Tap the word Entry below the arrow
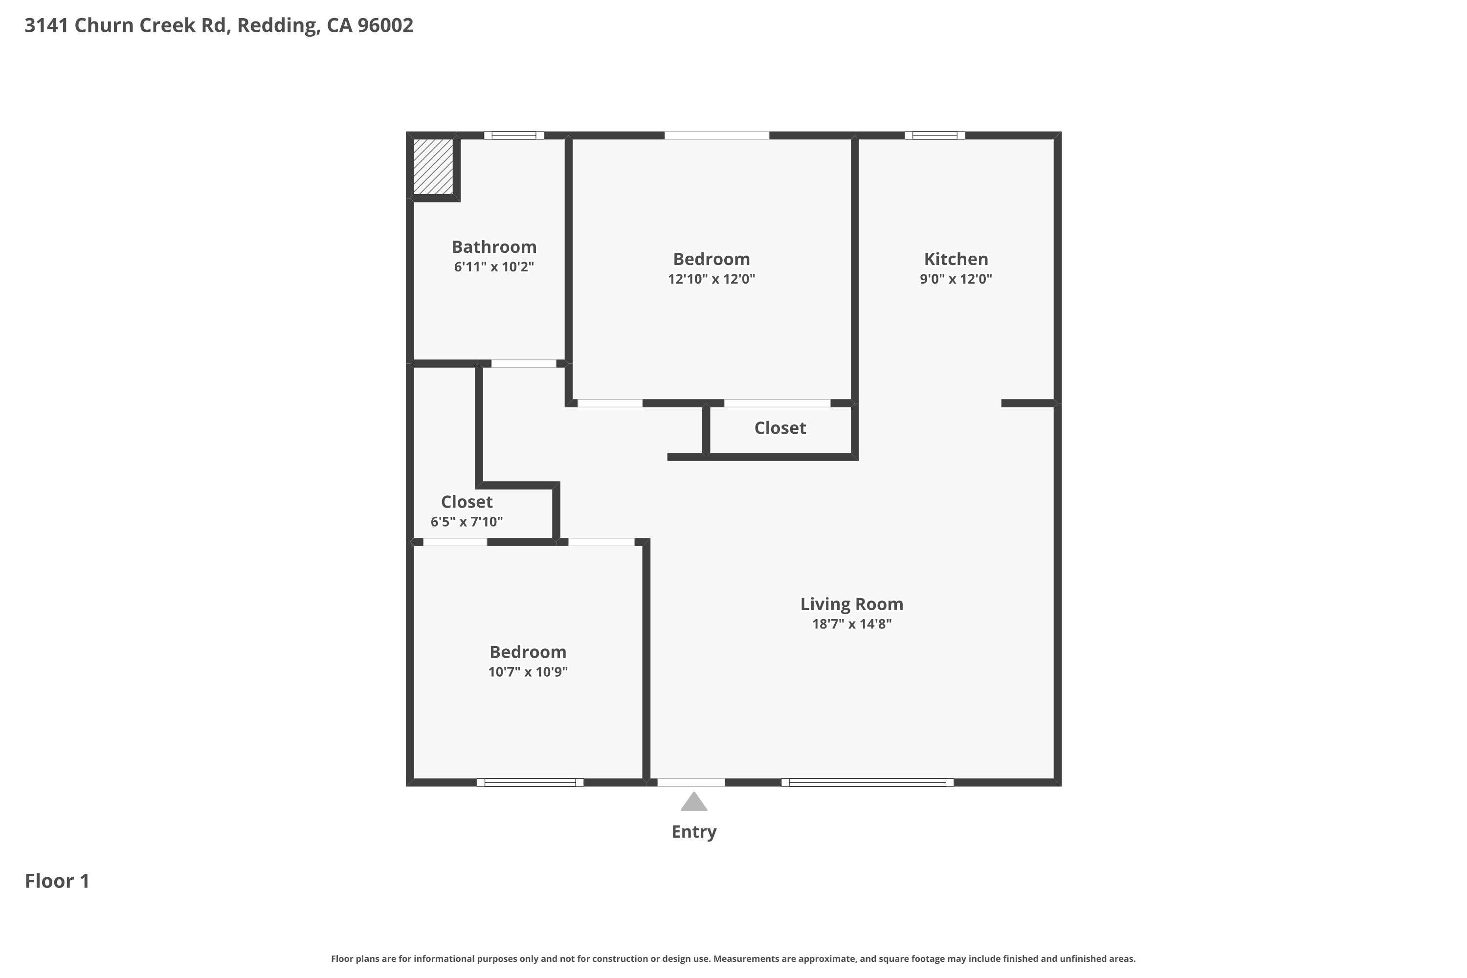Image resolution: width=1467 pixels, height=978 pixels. (693, 832)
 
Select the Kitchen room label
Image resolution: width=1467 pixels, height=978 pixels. (956, 259)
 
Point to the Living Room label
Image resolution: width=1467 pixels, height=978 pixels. (851, 604)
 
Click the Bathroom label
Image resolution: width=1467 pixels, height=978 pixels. (494, 247)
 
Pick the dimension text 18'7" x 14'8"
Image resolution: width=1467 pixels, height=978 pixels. (851, 624)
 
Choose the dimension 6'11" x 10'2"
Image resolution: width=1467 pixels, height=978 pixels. (494, 267)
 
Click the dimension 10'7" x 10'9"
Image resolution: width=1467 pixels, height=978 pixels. (528, 672)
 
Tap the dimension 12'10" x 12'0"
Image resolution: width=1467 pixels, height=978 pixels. (711, 279)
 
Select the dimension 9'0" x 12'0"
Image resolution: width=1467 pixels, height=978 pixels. (956, 279)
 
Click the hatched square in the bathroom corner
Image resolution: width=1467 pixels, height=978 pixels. (433, 166)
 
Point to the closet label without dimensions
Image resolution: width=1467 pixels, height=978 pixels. (779, 428)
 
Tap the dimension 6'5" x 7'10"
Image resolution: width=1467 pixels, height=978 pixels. (467, 521)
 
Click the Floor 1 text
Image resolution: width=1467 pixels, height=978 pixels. (57, 881)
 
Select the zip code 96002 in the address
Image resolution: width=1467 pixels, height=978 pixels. (385, 25)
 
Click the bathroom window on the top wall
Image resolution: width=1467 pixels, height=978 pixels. (514, 135)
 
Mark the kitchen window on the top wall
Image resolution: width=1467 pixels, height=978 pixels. (934, 135)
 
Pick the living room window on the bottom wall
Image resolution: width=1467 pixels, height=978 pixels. (867, 782)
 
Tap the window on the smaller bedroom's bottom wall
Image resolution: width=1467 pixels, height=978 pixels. (530, 782)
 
